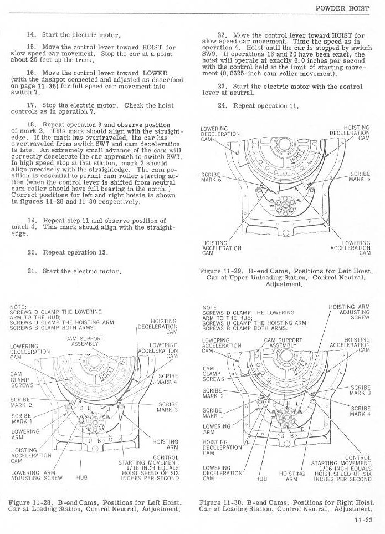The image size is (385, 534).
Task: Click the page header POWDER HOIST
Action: coord(346,9)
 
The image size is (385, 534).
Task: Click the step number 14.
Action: coord(31,34)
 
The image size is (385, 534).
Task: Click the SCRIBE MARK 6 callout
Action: coord(211,177)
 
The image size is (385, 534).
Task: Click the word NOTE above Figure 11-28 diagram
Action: coord(18,307)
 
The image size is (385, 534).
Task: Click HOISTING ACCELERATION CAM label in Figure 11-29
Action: coord(214,248)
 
